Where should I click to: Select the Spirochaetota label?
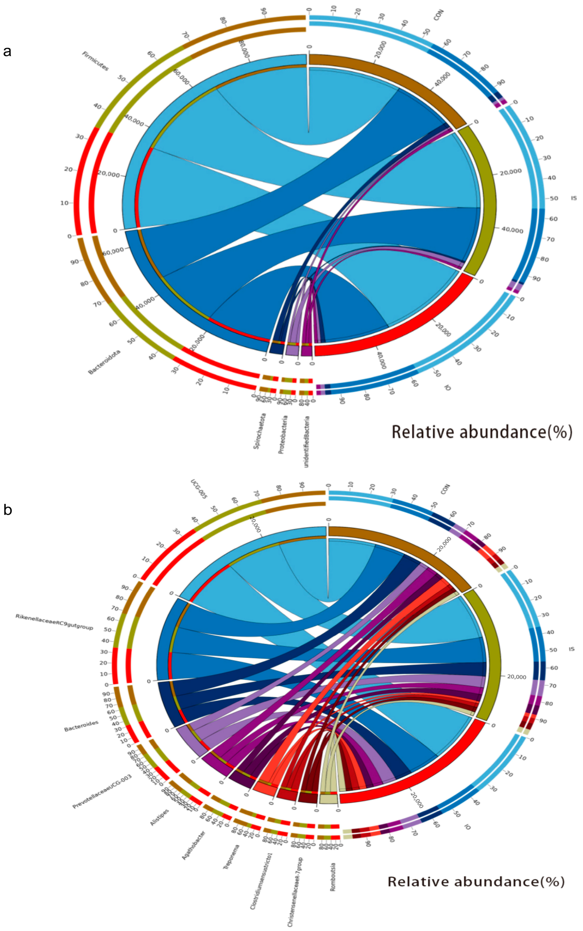point(259,431)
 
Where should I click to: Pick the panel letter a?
point(7,51)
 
